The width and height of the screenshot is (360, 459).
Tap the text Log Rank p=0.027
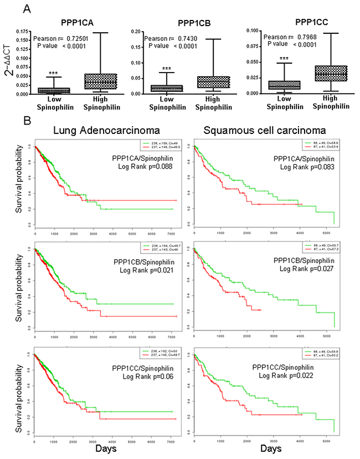[x=306, y=270]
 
